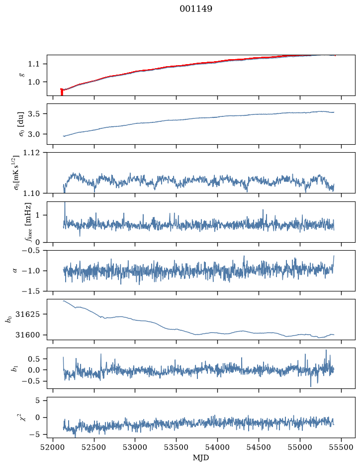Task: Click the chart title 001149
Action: point(195,8)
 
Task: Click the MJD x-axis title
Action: point(201,458)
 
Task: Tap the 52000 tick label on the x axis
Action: point(53,447)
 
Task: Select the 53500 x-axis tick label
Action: point(177,447)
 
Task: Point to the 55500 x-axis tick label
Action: point(341,447)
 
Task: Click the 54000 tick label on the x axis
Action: point(217,447)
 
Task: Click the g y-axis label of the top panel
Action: point(21,75)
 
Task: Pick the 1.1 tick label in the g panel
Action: point(34,64)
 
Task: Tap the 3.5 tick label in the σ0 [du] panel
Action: point(34,114)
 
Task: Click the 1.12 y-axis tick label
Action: point(31,153)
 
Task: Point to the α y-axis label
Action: point(15,271)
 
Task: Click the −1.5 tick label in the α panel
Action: point(31,291)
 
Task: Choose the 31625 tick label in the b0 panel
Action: point(27,314)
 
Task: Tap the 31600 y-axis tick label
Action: point(27,335)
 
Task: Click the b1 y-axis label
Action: point(14,369)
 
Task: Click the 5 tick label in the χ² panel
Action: point(37,400)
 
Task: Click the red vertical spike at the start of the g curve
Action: point(62,92)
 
